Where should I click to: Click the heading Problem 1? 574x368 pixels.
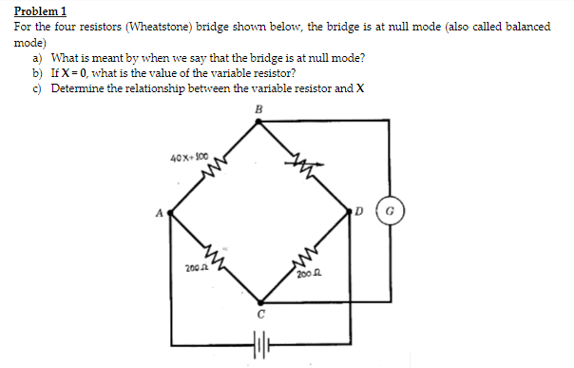[40, 10]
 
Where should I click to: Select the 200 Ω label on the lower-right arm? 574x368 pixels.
[306, 274]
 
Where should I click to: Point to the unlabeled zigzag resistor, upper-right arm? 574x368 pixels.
[307, 167]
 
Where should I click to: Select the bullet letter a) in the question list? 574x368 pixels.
[38, 58]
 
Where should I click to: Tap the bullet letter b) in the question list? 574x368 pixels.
[38, 73]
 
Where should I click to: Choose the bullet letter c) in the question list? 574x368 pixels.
[38, 88]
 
